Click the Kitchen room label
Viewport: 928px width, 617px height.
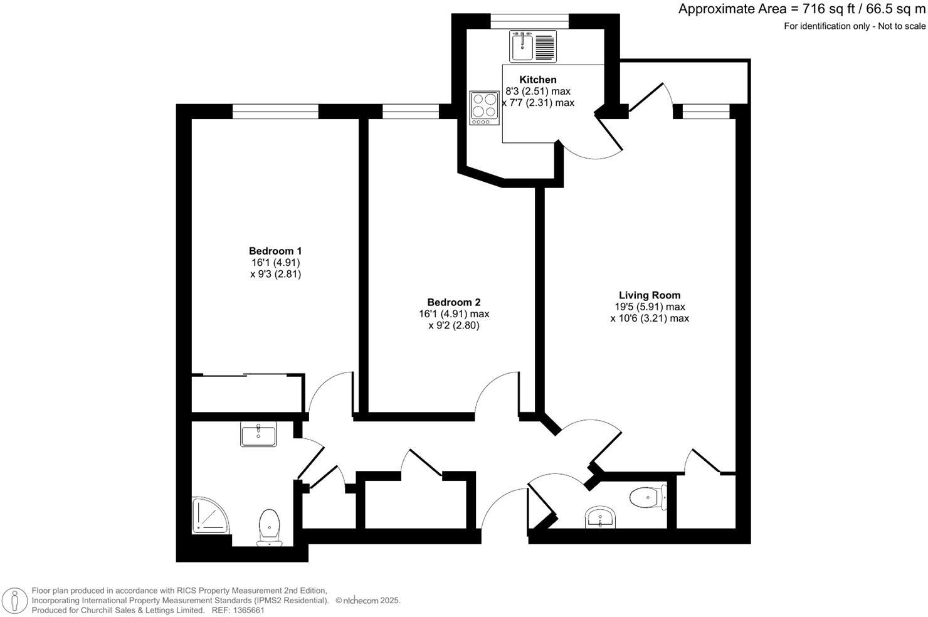point(538,80)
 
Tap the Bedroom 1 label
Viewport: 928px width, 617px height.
point(275,251)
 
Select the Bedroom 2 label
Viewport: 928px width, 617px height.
point(454,302)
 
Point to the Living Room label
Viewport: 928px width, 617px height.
point(650,295)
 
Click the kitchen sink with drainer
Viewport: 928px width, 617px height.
point(533,46)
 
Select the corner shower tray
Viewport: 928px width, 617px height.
point(210,515)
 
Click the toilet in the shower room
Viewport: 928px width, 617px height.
point(269,526)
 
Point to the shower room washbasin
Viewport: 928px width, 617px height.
point(258,434)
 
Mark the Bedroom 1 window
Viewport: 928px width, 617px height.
point(275,112)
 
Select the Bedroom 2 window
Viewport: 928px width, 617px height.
point(411,112)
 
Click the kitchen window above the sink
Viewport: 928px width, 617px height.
point(529,21)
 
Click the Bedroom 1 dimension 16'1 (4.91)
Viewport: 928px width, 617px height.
point(275,263)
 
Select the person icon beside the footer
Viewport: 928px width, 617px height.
point(13,599)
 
